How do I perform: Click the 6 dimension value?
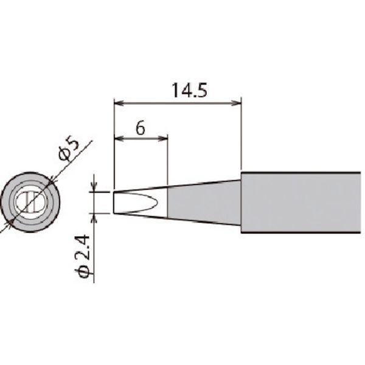pos(139,128)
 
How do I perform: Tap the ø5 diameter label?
pos(68,149)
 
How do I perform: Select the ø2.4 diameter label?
pos(86,255)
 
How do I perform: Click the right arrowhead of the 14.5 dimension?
pos(238,102)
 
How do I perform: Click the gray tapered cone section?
pos(204,202)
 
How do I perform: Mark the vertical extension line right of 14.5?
pos(242,134)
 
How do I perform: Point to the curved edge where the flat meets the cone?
pos(162,202)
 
